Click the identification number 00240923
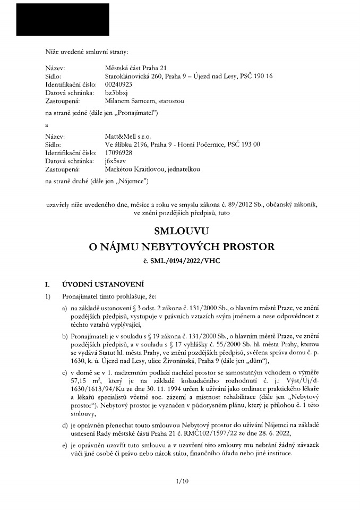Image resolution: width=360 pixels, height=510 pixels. click(119, 84)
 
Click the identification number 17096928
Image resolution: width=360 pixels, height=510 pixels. click(119, 152)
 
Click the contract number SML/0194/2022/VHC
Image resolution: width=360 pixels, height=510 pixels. click(186, 261)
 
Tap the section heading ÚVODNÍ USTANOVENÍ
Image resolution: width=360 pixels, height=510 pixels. click(103, 284)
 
